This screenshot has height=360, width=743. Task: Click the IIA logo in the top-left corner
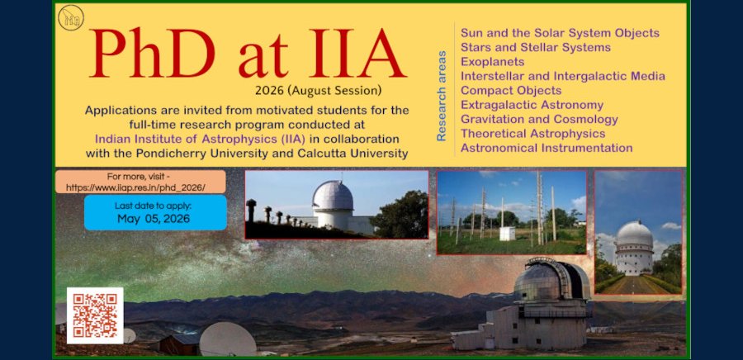[71, 17]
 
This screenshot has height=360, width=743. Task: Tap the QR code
[95, 315]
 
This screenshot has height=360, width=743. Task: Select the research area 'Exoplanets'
[492, 62]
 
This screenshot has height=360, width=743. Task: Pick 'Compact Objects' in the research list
[511, 91]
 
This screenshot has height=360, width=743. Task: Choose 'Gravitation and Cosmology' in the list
[539, 120]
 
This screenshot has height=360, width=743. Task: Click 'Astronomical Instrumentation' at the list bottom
[547, 148]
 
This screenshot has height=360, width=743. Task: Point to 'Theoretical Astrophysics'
[532, 134]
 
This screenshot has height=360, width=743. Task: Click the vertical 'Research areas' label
[441, 96]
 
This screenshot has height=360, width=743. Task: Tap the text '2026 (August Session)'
[318, 90]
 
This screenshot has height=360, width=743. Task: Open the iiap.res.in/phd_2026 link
[135, 187]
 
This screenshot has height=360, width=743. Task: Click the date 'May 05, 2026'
[154, 219]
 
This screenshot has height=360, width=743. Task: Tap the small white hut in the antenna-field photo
[507, 233]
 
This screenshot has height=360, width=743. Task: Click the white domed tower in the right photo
[634, 248]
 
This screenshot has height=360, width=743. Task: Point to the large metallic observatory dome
[551, 280]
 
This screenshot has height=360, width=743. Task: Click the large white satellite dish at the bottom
[228, 339]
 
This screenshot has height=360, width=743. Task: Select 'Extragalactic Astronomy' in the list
[532, 105]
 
